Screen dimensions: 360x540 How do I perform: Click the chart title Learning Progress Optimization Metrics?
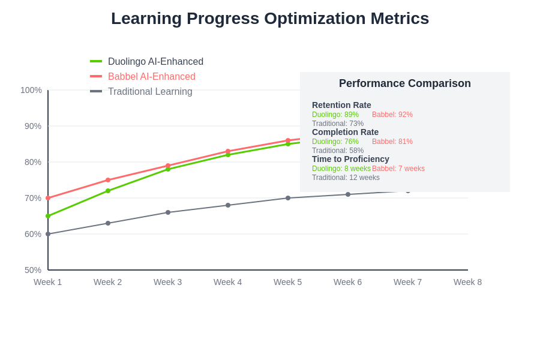[x=270, y=19]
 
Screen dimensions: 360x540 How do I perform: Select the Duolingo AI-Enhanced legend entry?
[x=155, y=62]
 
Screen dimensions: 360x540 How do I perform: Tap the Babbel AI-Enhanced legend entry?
[x=151, y=77]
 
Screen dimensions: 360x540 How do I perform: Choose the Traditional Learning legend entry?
[x=150, y=92]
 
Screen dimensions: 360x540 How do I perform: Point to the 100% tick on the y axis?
[x=31, y=90]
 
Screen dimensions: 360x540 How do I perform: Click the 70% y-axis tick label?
[x=33, y=198]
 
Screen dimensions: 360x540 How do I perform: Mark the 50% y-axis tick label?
[x=33, y=270]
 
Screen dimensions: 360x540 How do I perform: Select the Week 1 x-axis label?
[x=48, y=282]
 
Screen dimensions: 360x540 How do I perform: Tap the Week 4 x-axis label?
[x=228, y=282]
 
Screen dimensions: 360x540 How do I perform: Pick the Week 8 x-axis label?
[x=468, y=282]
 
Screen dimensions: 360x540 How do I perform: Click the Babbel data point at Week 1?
[x=48, y=198]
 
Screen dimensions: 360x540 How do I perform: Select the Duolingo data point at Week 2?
[x=108, y=191]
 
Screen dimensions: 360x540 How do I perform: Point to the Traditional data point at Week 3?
[x=168, y=212]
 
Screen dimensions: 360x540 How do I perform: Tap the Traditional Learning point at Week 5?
[x=288, y=198]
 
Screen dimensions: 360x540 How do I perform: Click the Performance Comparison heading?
[x=405, y=83]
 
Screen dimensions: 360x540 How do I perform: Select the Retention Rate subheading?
[x=341, y=105]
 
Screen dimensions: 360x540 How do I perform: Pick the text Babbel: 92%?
[x=392, y=115]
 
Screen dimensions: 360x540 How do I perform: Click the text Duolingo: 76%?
[x=335, y=142]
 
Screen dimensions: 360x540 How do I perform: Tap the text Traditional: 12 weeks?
[x=346, y=178]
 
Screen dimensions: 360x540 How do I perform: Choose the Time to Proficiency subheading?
[x=350, y=159]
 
